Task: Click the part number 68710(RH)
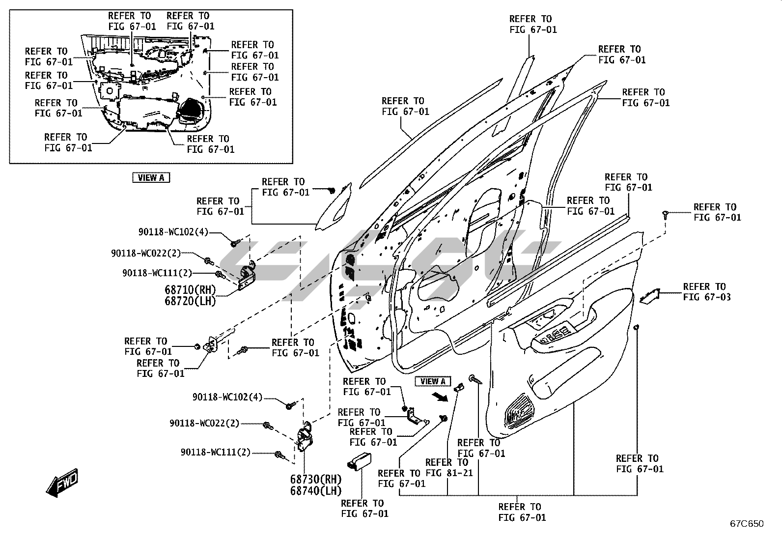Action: (x=190, y=290)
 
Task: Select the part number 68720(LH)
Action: (x=190, y=301)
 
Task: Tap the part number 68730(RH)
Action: (x=315, y=479)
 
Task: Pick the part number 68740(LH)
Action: (x=315, y=490)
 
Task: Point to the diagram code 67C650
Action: (x=746, y=524)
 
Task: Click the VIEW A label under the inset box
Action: (x=151, y=178)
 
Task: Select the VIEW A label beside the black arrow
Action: (x=433, y=381)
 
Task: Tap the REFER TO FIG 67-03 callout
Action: (x=706, y=292)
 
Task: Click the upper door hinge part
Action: (x=248, y=278)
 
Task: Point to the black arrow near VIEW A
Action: (x=440, y=397)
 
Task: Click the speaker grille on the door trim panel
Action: (x=519, y=409)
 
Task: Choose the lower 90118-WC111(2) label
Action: (x=215, y=453)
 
